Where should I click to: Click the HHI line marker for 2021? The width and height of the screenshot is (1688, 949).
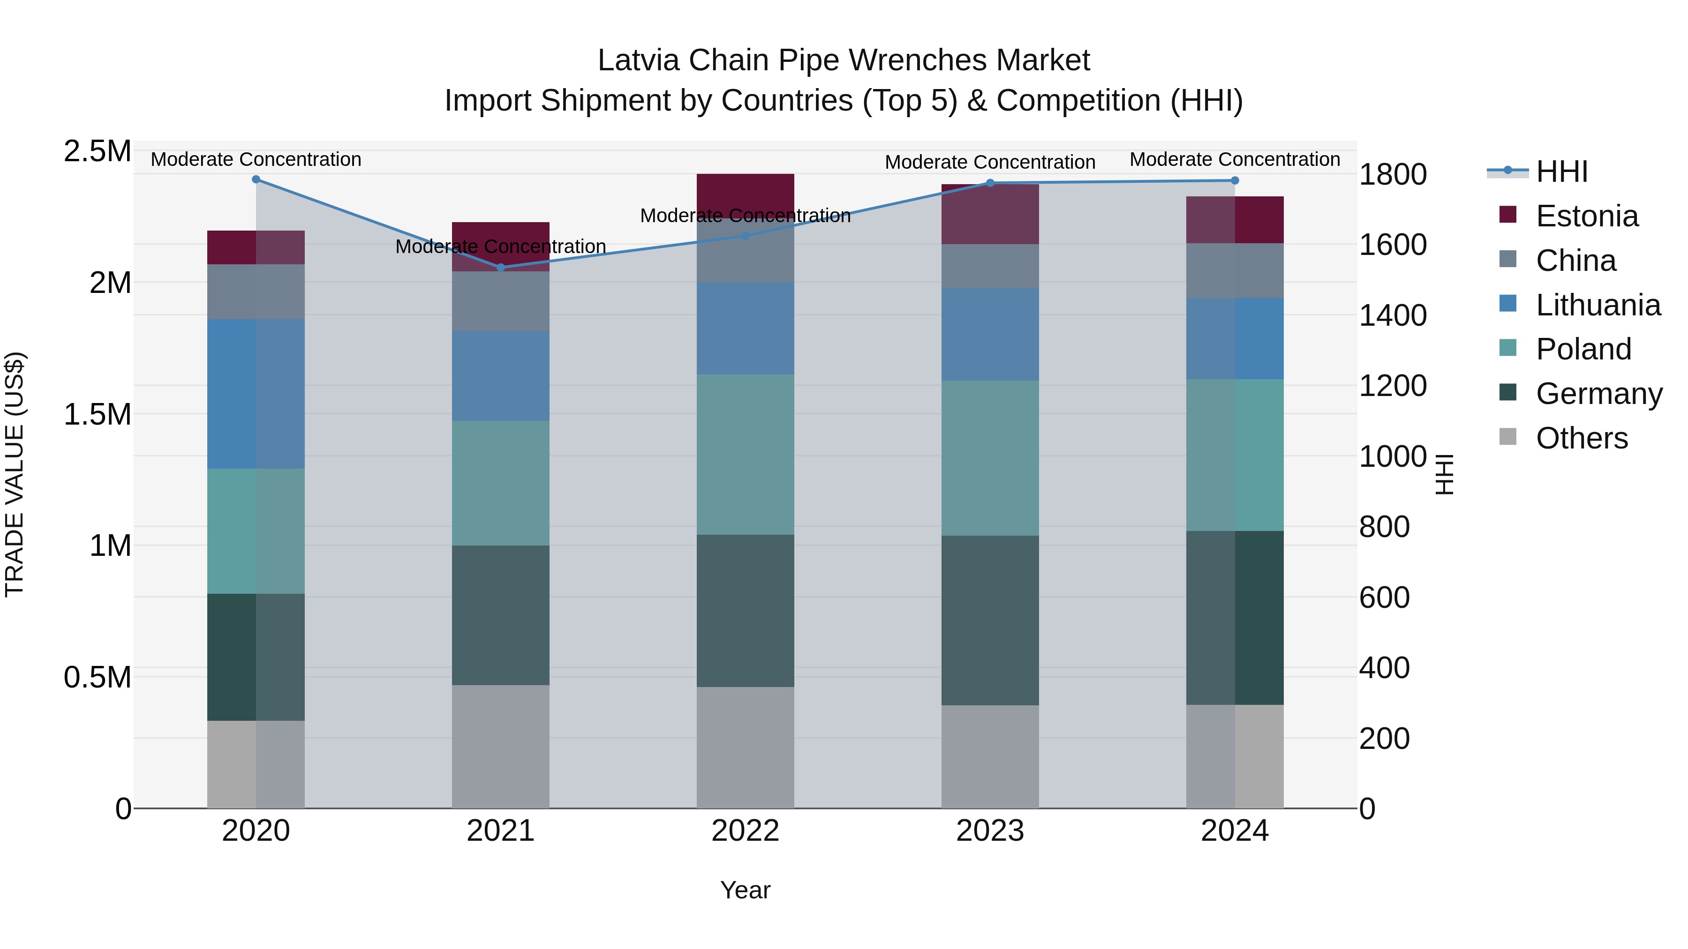[501, 267]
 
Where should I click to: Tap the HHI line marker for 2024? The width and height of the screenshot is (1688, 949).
[1235, 180]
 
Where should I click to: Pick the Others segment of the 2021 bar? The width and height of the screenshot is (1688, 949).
[501, 746]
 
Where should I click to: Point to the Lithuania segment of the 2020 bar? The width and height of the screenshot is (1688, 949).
[256, 394]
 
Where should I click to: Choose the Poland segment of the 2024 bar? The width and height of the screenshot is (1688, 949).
[1235, 455]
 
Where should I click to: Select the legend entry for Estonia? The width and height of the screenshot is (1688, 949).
[1586, 216]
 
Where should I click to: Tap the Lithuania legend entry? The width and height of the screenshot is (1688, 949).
[1598, 305]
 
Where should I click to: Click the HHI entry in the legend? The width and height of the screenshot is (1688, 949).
[1561, 172]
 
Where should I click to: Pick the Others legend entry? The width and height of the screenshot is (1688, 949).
[1581, 438]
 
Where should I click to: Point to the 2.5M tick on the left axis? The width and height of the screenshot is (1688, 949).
[97, 151]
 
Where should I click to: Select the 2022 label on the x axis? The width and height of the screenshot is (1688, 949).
[745, 830]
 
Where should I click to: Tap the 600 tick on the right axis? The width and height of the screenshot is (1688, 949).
[1384, 598]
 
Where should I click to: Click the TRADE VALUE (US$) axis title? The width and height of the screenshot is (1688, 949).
[15, 474]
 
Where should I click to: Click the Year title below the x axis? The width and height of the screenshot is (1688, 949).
[745, 890]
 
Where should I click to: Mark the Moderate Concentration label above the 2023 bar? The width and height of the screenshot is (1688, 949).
[989, 162]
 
